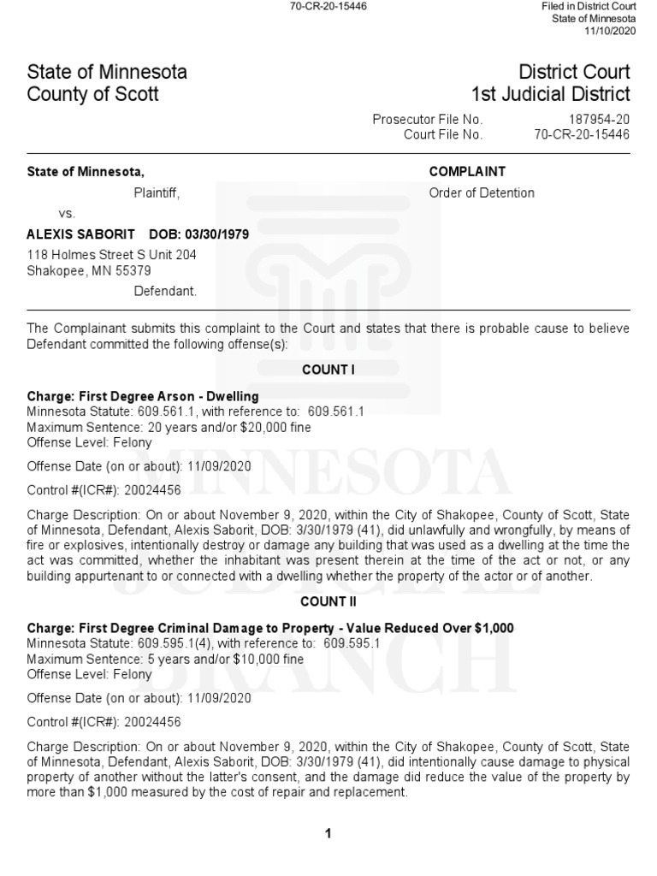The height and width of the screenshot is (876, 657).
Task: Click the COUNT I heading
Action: [328, 370]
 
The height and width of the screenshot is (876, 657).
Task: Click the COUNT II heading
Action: [328, 602]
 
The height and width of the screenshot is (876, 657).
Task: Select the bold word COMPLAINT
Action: [467, 172]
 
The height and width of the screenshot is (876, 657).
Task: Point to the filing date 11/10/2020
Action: [610, 32]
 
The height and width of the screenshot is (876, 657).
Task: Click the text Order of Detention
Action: [482, 192]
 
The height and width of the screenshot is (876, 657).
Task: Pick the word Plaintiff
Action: [156, 192]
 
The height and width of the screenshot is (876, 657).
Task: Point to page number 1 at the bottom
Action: [328, 834]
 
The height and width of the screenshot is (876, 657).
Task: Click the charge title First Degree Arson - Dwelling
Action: [169, 396]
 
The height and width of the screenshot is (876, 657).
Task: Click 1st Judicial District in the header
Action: [550, 94]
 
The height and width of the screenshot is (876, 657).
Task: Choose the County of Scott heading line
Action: [93, 94]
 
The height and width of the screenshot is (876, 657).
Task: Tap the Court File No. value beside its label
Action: [582, 134]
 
